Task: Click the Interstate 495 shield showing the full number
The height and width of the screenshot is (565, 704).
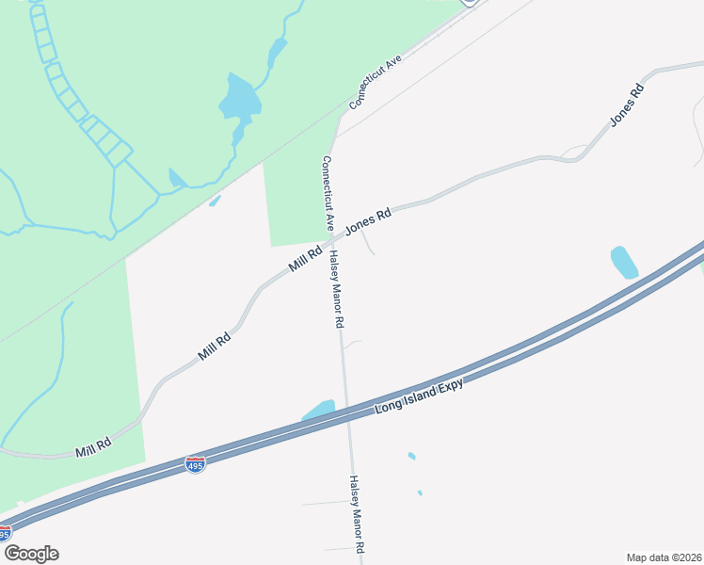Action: pos(195,464)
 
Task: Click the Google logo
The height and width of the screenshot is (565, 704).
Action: pos(31,554)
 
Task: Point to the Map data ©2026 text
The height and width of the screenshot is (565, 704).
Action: pos(664,557)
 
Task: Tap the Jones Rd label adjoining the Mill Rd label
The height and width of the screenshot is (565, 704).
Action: pos(368,222)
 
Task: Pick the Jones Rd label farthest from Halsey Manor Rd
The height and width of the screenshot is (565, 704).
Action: pos(627,105)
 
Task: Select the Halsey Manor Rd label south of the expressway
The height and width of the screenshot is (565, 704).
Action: pos(357,513)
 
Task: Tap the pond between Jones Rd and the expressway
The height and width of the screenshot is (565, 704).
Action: pos(624,262)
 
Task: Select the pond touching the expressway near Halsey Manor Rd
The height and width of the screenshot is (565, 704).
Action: pos(320,411)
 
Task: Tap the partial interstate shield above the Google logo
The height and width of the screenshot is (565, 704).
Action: pos(5,534)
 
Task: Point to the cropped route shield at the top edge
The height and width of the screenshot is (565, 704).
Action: pos(470,3)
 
